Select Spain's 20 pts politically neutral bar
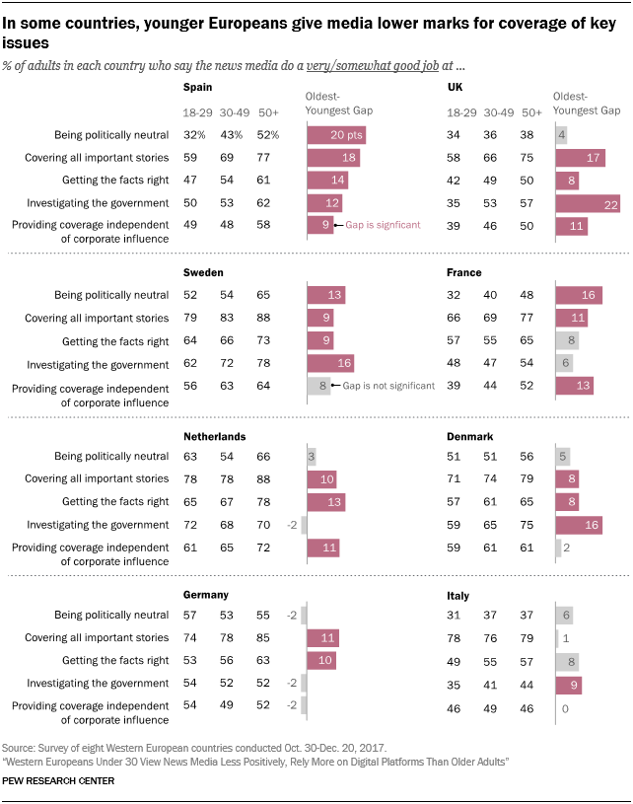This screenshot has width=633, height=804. click(336, 134)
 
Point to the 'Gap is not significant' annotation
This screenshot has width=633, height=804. click(387, 386)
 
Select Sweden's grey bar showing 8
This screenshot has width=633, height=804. click(317, 386)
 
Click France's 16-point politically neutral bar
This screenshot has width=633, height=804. click(579, 294)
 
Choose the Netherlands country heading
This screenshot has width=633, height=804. click(215, 436)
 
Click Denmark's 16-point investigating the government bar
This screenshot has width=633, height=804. click(579, 524)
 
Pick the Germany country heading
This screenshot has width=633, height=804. click(206, 595)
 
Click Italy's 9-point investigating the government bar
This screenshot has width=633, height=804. click(569, 683)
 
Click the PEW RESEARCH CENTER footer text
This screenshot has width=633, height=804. click(58, 780)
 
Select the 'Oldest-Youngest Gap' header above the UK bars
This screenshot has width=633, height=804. click(587, 103)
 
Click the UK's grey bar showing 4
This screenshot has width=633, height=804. click(561, 134)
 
